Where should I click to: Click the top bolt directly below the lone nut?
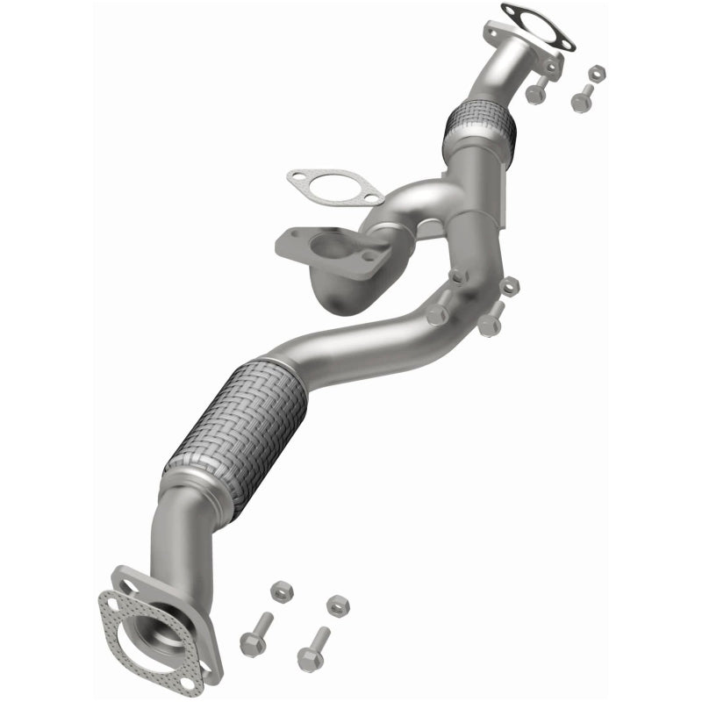click(x=581, y=100)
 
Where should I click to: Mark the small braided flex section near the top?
click(x=480, y=128)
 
